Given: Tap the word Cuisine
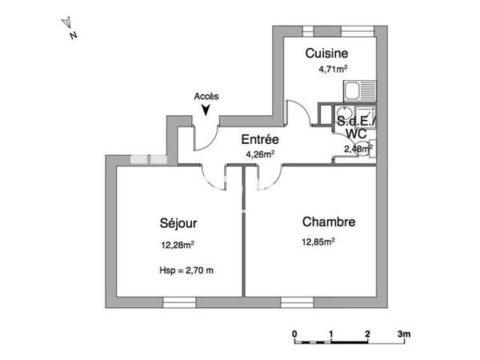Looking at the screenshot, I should coord(326,54).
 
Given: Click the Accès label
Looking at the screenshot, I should coord(206,96).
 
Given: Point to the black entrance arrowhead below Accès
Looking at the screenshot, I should coord(207,110).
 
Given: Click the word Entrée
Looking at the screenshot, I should coord(260,139).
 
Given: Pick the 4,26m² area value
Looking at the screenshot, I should coord(260,154).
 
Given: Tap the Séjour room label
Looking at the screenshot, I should coord(178,223).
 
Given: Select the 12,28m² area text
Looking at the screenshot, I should coord(179,246).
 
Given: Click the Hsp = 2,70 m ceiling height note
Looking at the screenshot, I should coord(186,270).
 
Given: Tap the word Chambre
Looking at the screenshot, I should coord(329,222).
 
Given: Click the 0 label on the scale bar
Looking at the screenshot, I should coord(294,333).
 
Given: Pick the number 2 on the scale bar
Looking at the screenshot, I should coord(367,333).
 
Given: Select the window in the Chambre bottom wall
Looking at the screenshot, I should coord(298,302).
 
